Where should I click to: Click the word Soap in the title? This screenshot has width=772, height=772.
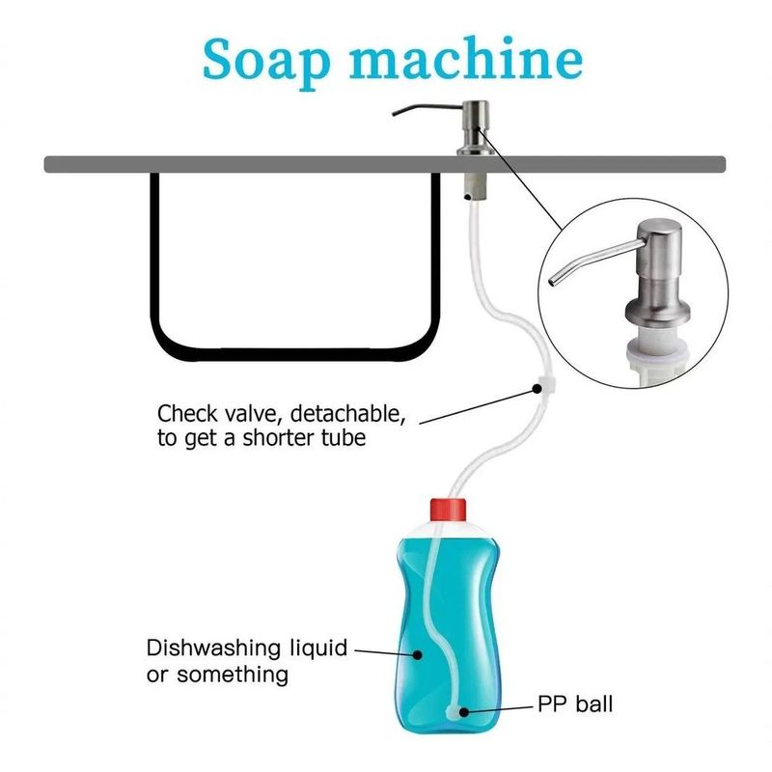pos(266,61)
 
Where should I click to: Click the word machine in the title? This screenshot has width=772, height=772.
pos(466,58)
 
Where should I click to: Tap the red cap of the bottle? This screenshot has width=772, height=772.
pos(448,510)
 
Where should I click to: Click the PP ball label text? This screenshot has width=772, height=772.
pos(575,703)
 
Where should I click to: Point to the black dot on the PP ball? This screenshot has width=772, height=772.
pos(463,711)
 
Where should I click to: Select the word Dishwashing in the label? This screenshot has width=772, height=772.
pos(213,648)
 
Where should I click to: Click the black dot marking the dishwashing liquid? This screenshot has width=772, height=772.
pos(418,655)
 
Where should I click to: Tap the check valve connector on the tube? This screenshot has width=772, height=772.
pos(547,384)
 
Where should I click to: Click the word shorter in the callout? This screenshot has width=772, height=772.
pos(278,437)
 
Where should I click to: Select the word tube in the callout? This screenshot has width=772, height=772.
pos(344,437)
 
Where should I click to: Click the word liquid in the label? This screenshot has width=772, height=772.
pos(318,649)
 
